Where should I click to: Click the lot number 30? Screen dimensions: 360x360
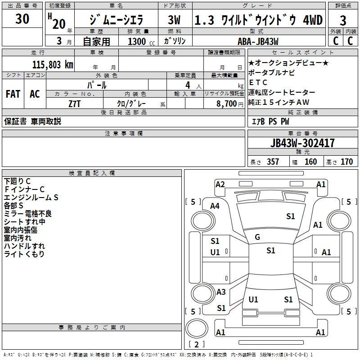tap(22, 19)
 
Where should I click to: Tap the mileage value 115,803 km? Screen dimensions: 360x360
tap(53, 64)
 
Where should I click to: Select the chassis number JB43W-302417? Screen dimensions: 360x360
tap(302, 143)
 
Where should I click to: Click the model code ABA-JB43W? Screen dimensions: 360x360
tap(258, 41)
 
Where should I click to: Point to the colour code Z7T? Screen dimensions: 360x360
tap(75, 103)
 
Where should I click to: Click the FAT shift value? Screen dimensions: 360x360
tap(13, 94)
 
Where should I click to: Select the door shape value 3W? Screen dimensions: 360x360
tap(174, 20)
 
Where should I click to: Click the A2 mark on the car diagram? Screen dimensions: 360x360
tap(220, 184)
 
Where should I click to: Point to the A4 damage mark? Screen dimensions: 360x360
tap(215, 206)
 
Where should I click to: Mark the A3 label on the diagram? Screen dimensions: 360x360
tap(221, 292)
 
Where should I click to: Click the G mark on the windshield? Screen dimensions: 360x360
tap(257, 237)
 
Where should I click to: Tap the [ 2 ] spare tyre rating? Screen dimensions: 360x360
tap(197, 345)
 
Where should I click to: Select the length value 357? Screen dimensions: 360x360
tap(273, 162)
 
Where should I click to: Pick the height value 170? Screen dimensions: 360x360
tap(346, 162)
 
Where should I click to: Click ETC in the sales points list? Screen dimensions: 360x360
tap(258, 82)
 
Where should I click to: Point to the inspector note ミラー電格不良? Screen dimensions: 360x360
tap(28, 213)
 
